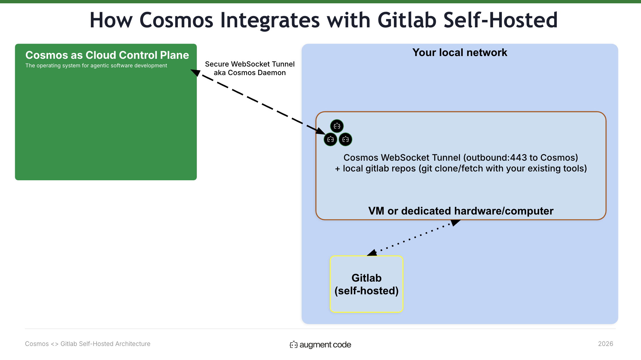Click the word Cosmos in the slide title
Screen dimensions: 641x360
click(176, 20)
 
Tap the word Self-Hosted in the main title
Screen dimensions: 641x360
click(500, 20)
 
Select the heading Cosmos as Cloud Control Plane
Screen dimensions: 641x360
click(107, 55)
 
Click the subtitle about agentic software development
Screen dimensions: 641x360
click(96, 65)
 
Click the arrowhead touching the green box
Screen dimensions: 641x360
click(195, 72)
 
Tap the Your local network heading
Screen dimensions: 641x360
click(460, 52)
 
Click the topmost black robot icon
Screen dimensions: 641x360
click(337, 126)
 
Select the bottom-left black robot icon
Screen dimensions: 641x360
click(330, 139)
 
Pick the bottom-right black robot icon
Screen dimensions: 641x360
click(345, 139)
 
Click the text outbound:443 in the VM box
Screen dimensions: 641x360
click(497, 158)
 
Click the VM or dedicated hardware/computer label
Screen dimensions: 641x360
click(461, 211)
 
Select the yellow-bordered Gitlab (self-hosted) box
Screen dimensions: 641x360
click(367, 284)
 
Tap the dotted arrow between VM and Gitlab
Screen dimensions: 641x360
click(414, 238)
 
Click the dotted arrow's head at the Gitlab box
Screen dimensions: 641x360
click(372, 253)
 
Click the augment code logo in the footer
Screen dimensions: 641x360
click(320, 345)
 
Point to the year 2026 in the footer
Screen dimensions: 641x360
click(605, 344)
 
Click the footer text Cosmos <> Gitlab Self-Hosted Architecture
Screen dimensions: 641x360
click(88, 344)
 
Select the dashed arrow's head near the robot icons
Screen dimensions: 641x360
click(321, 131)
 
